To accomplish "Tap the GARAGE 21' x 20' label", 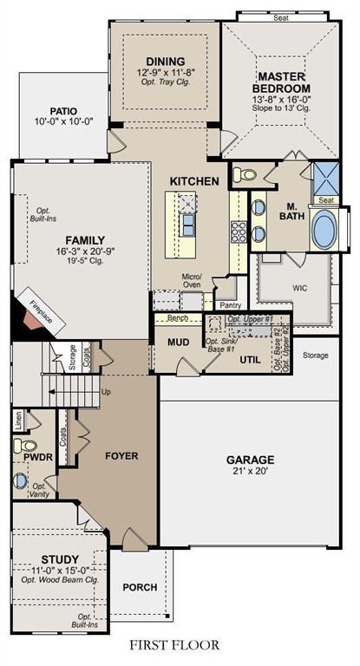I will (x=251, y=460).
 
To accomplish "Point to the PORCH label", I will (x=140, y=587).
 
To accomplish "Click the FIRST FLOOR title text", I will (x=175, y=644).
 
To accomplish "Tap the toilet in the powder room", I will (x=21, y=447).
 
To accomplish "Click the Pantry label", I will (x=230, y=305).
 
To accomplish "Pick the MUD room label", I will (x=179, y=341).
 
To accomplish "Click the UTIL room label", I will (x=252, y=358).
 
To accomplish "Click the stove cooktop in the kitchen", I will (x=238, y=232).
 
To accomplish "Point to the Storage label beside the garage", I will (x=315, y=355).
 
